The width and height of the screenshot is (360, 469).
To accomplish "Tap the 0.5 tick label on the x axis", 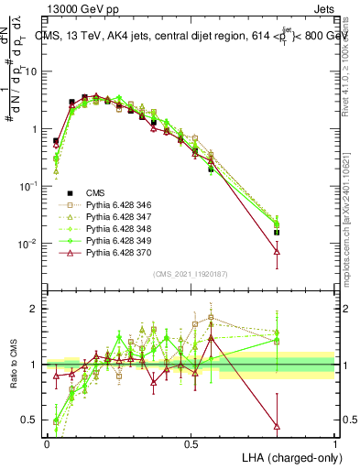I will [191, 443].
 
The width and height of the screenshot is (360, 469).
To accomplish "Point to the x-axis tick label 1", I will [334, 443].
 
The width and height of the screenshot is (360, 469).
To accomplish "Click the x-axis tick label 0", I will [47, 443].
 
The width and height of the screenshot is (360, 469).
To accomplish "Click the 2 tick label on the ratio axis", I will [37, 309].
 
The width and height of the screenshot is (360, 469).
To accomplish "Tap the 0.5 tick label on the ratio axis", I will [32, 420].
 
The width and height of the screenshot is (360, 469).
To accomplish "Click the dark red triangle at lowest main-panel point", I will [278, 250].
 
